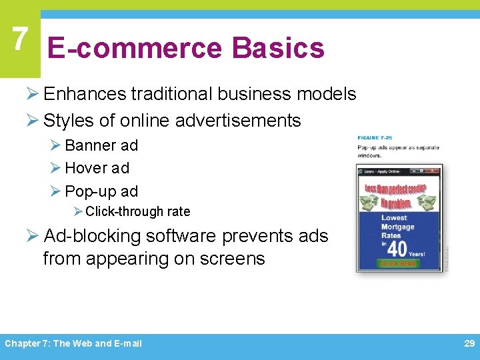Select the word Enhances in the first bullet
point(84,94)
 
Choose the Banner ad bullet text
point(101,145)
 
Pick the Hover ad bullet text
point(97,168)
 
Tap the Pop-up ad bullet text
point(101,191)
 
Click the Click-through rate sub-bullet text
point(138,212)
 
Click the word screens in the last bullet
point(232,259)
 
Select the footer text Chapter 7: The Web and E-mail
point(73,343)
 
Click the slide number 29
point(468,343)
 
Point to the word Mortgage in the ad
point(397,227)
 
